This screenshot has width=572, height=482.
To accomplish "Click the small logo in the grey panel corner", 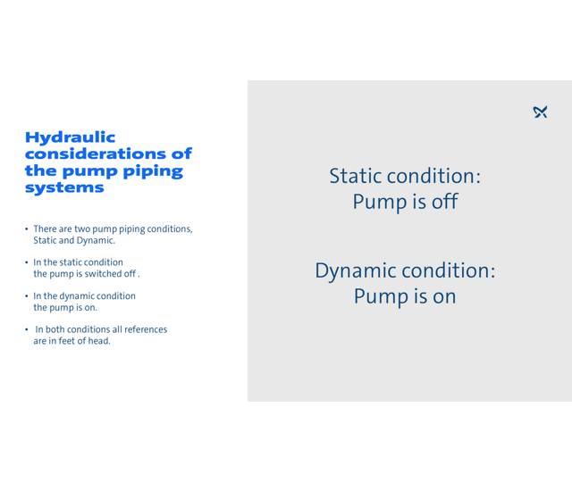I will click(540, 112).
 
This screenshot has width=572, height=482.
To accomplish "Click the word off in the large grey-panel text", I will click(444, 202).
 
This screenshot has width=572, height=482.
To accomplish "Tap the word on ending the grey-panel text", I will click(444, 296).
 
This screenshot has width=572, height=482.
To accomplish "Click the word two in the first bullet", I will click(85, 229).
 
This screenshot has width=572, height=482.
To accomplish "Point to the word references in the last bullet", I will click(145, 329).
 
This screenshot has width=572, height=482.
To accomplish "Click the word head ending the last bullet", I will click(98, 341).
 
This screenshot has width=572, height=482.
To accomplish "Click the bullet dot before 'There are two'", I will click(27, 229).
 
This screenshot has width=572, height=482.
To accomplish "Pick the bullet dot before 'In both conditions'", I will click(27, 329).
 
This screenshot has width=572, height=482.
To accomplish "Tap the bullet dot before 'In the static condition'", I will click(27, 262).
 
